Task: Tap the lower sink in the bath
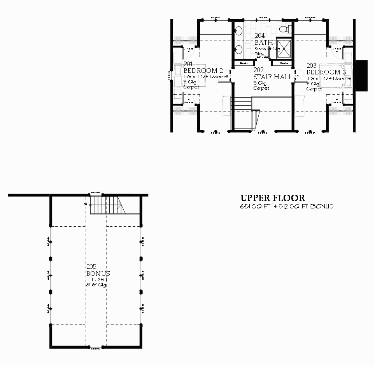[239, 49]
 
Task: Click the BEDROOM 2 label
[203, 71]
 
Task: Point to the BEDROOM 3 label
[326, 72]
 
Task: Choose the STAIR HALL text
[273, 77]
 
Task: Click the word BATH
[264, 42]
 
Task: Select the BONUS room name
[98, 273]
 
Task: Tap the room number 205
[91, 267]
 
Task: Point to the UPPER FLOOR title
[272, 198]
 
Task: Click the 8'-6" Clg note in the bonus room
[96, 285]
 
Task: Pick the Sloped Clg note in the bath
[268, 49]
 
